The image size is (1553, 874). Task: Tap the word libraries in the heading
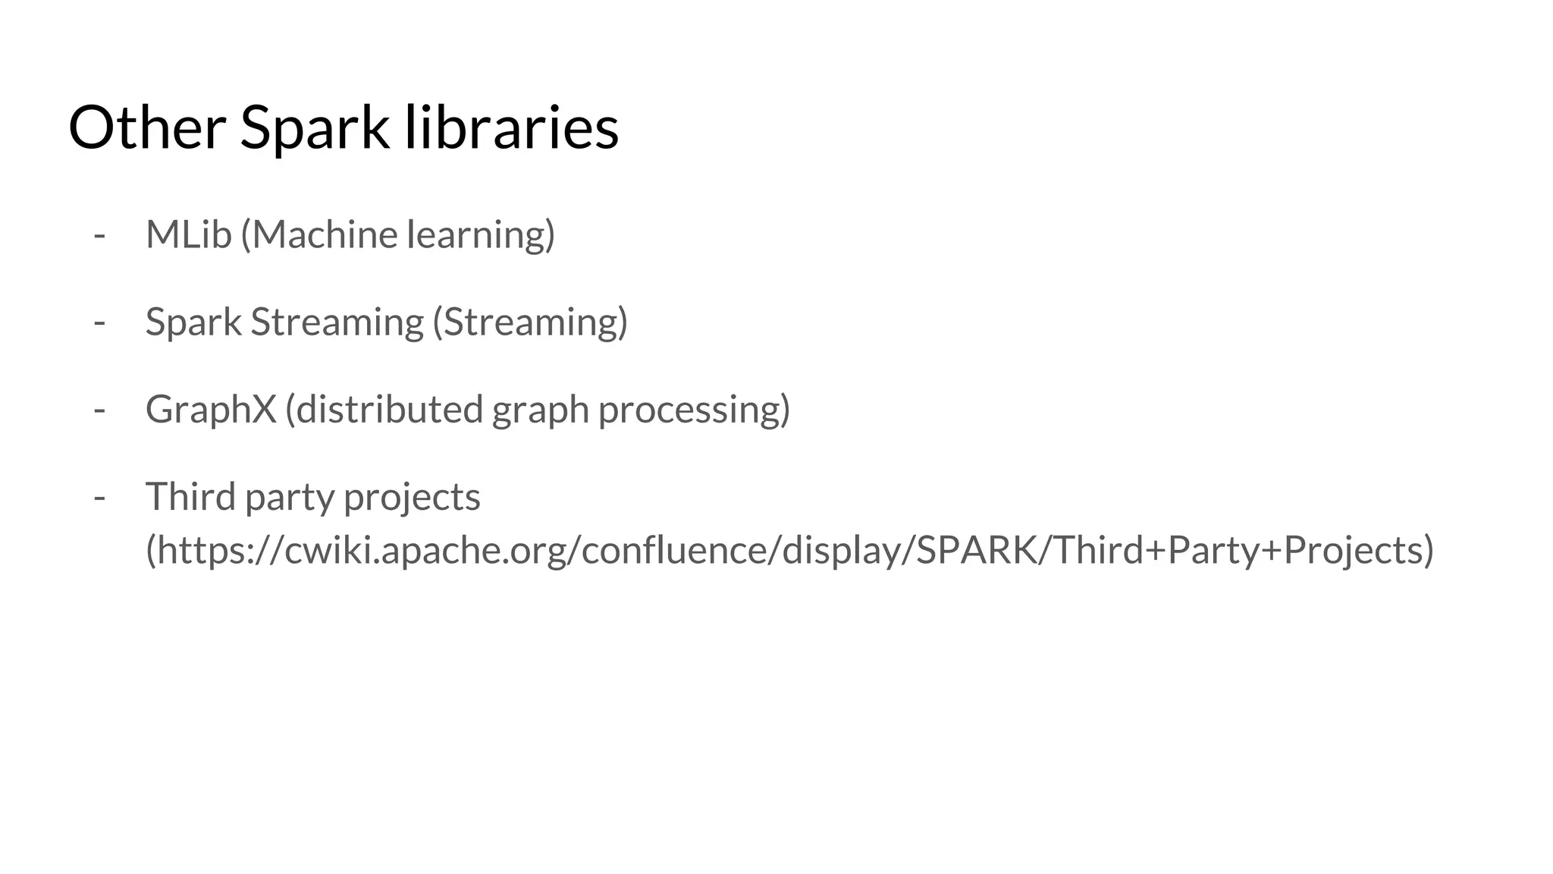tap(511, 127)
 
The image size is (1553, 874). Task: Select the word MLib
tap(188, 234)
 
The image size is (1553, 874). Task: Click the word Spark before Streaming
tap(193, 322)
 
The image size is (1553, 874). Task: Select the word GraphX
tap(211, 410)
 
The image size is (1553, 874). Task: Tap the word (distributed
tap(384, 410)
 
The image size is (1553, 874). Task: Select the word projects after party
tap(412, 497)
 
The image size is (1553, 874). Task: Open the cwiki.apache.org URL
tap(789, 550)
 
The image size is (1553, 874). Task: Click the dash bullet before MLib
tap(99, 235)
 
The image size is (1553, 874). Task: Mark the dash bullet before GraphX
tap(99, 410)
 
